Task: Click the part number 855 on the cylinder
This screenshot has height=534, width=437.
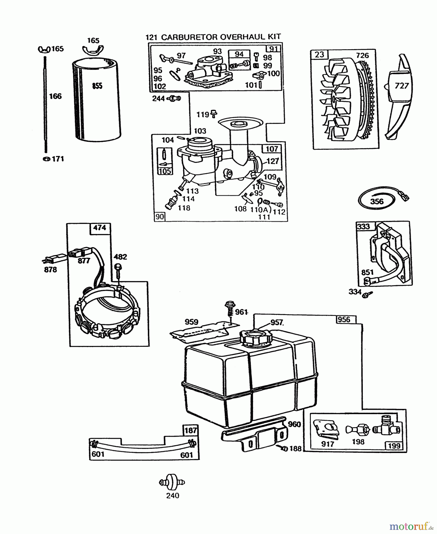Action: [x=97, y=86]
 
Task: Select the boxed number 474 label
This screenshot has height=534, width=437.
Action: [x=99, y=228]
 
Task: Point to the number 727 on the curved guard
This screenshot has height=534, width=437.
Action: [x=402, y=86]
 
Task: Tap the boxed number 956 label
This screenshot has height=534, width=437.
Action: [x=344, y=320]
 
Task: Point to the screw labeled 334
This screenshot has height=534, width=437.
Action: [x=368, y=294]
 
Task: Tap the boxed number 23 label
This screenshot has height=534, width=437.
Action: [x=319, y=55]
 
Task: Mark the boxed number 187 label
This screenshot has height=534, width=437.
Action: [x=190, y=430]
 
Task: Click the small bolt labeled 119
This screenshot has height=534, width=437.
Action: [x=214, y=113]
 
